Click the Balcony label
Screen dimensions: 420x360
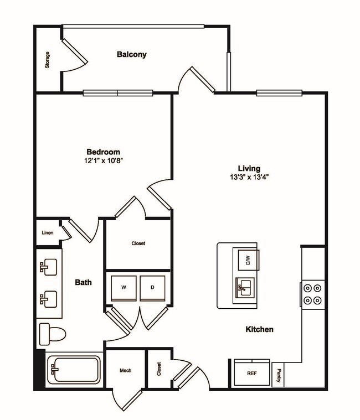click(131, 54)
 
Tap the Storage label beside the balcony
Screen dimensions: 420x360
click(48, 60)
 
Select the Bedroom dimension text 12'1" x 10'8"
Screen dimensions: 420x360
click(102, 160)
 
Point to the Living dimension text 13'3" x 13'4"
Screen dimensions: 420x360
click(249, 178)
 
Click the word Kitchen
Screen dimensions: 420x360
click(259, 329)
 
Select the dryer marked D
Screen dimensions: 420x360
click(152, 287)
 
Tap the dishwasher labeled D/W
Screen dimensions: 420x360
click(248, 260)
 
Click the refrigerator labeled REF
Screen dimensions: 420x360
click(252, 373)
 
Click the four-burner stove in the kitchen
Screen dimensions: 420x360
click(312, 294)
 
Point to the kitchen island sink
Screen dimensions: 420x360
click(244, 287)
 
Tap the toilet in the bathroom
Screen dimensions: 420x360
click(53, 334)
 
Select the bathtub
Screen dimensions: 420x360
click(74, 369)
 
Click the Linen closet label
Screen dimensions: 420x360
click(48, 233)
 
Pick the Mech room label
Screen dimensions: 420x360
click(125, 370)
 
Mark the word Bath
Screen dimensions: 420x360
click(83, 282)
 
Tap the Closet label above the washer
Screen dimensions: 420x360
click(138, 243)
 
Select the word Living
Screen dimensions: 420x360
click(249, 168)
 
